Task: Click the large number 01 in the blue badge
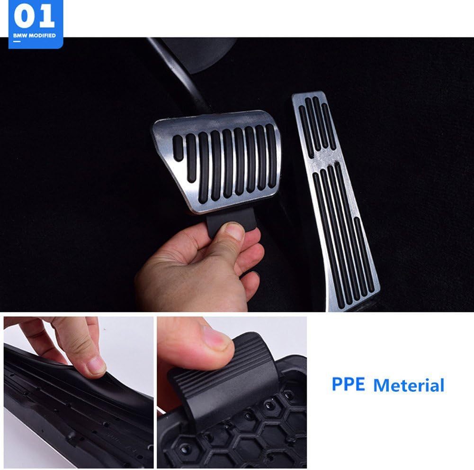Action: pyautogui.click(x=35, y=17)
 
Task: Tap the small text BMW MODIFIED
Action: pyautogui.click(x=35, y=36)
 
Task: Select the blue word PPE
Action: pyautogui.click(x=348, y=384)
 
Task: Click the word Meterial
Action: pyautogui.click(x=409, y=385)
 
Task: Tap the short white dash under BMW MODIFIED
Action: pyautogui.click(x=16, y=42)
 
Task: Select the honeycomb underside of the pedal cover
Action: pyautogui.click(x=246, y=432)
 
